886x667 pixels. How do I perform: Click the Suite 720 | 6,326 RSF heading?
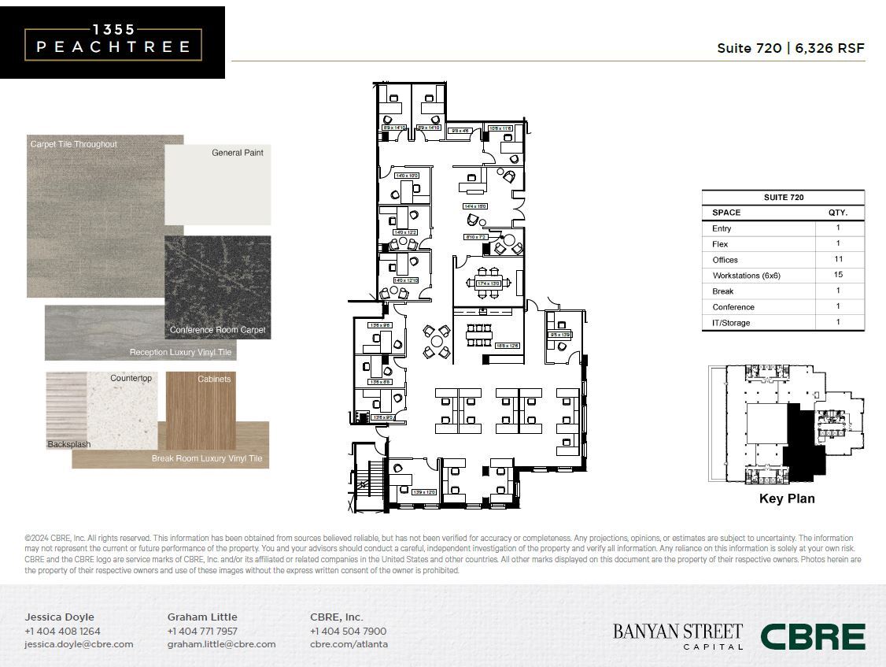tap(790, 48)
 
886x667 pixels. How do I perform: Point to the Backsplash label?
tap(69, 445)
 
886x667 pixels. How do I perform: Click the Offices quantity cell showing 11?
tap(838, 259)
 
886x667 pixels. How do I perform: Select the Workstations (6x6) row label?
tap(746, 276)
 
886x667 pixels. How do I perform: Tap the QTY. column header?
tap(837, 213)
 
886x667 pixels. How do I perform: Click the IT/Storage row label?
tap(731, 323)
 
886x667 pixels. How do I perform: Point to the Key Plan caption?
tap(787, 498)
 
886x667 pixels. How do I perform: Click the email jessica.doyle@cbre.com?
tap(79, 644)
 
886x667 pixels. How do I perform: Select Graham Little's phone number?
tap(202, 631)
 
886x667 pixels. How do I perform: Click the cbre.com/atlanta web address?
tap(349, 644)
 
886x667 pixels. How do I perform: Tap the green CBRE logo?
tap(812, 636)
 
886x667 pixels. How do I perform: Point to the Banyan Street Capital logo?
tap(677, 636)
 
